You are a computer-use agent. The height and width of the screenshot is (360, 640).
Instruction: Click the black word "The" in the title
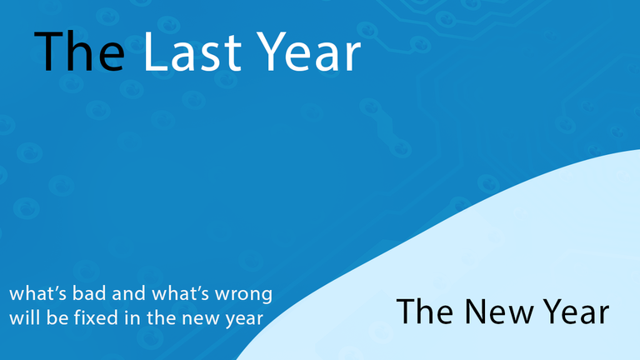coord(79,52)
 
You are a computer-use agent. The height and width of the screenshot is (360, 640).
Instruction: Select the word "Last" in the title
coord(192,52)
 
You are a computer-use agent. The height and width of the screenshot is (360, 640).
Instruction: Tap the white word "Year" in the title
coord(310,52)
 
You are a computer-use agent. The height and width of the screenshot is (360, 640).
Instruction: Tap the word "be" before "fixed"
coord(57,317)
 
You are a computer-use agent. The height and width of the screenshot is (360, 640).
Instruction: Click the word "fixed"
coord(96,317)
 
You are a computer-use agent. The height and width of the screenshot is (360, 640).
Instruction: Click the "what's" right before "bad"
coord(38,293)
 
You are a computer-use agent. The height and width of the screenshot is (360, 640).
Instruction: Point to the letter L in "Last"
coord(156,52)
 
